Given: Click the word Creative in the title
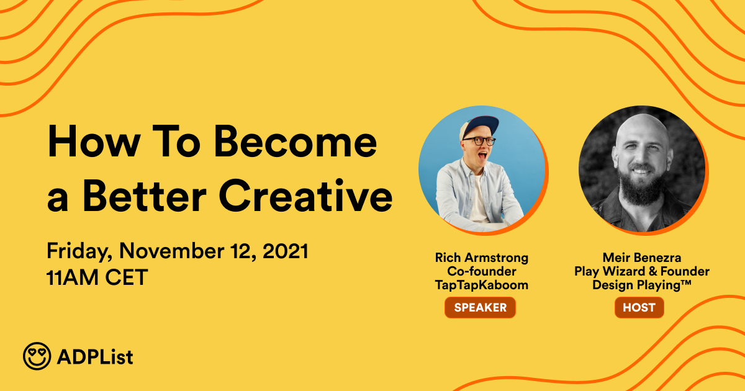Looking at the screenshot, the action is (305, 195).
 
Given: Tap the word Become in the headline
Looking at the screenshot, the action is (296, 142).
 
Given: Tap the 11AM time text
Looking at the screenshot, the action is (73, 277).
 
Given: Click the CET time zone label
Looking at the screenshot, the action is (127, 277).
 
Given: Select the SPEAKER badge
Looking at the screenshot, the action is (481, 308).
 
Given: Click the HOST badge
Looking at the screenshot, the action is (639, 308).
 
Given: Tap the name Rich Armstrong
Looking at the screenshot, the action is (482, 258).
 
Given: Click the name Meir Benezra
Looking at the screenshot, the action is (642, 258).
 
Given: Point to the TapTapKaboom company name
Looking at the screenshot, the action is (482, 285).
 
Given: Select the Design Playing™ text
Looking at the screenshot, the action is (642, 285).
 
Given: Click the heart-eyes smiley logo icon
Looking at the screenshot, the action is (37, 356).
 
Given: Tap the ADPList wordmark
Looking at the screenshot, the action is (95, 357).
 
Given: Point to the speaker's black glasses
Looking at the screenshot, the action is (479, 141).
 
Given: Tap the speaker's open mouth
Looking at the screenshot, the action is (482, 156).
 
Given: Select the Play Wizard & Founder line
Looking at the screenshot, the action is (642, 272).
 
